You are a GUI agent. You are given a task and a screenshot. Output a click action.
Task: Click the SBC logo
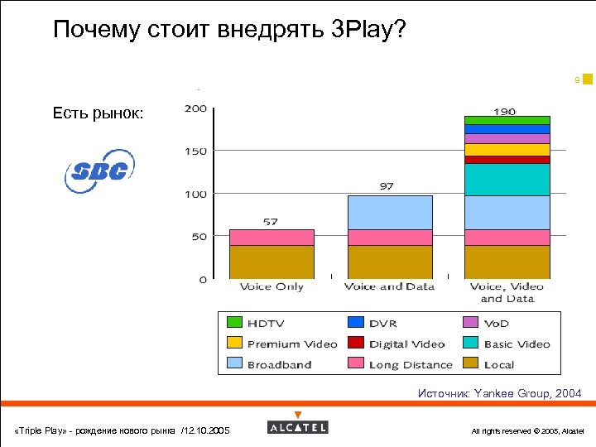click(x=99, y=171)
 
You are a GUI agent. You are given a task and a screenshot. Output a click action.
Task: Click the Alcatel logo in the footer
click(x=298, y=426)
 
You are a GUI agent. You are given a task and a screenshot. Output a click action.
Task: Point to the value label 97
click(x=387, y=187)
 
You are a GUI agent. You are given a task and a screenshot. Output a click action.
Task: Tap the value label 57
click(x=271, y=221)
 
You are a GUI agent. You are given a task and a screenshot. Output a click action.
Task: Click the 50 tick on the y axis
click(x=199, y=237)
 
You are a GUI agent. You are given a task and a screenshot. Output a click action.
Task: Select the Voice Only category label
click(x=272, y=286)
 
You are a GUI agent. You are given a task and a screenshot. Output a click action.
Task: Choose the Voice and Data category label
click(x=389, y=286)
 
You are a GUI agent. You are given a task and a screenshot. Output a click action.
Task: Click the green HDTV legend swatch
click(x=234, y=323)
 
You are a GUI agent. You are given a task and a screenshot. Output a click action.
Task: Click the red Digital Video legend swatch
click(x=355, y=344)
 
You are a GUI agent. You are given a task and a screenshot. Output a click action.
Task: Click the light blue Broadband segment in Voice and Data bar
click(x=390, y=212)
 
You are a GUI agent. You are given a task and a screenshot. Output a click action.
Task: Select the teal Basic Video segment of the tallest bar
click(x=507, y=179)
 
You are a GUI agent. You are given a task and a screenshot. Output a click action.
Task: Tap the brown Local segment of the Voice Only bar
click(x=272, y=262)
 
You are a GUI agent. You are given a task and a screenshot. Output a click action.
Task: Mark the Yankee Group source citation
click(x=499, y=393)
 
